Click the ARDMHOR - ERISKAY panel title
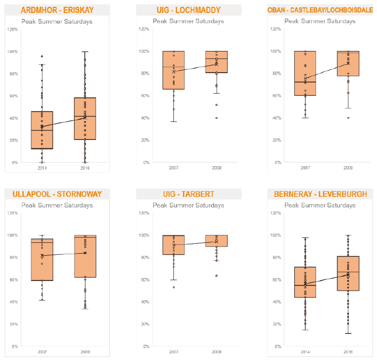[x=57, y=10]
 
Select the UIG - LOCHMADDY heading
[x=188, y=10]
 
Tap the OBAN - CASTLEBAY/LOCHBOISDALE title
[x=320, y=10]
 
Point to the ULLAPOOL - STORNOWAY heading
[x=57, y=194]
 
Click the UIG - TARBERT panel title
[x=188, y=194]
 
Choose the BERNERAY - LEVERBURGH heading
[x=320, y=194]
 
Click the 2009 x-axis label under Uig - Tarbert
[x=217, y=352]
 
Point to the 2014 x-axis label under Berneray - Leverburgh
[x=305, y=352]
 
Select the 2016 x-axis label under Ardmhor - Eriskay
[x=85, y=168]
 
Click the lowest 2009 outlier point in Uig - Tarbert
[x=217, y=276]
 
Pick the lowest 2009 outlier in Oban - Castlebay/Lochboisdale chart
[x=348, y=118]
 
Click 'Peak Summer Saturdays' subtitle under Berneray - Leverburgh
[x=320, y=205]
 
